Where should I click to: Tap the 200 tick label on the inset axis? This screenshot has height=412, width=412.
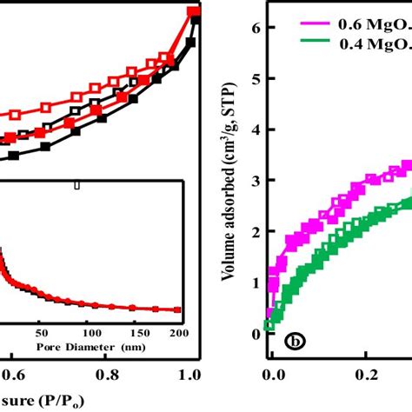[x=179, y=331]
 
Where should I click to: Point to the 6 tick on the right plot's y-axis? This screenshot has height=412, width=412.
[x=253, y=29]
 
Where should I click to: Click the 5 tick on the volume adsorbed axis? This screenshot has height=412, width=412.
[x=253, y=79]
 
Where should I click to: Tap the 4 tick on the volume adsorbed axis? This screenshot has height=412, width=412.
[x=253, y=130]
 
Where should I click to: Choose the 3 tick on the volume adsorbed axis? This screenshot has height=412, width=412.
[x=253, y=182]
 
